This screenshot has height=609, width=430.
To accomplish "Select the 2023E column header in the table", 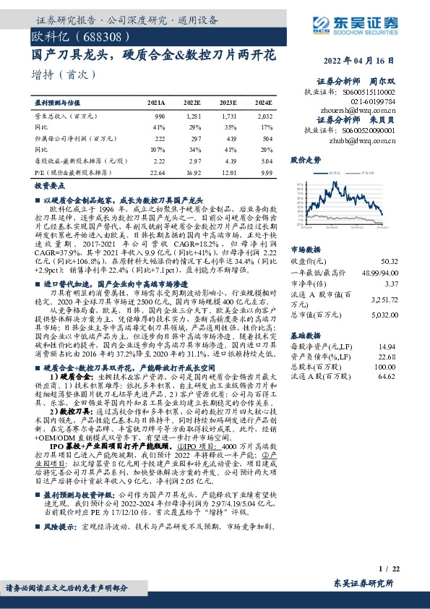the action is point(228,103).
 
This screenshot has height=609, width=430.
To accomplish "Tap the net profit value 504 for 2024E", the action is point(267,137).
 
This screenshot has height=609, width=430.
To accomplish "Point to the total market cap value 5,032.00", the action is point(403,314).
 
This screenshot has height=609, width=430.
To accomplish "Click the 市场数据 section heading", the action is point(304,247).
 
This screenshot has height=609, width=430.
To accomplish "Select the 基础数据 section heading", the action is point(304,336).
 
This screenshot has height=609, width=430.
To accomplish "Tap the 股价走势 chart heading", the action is point(304,158).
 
